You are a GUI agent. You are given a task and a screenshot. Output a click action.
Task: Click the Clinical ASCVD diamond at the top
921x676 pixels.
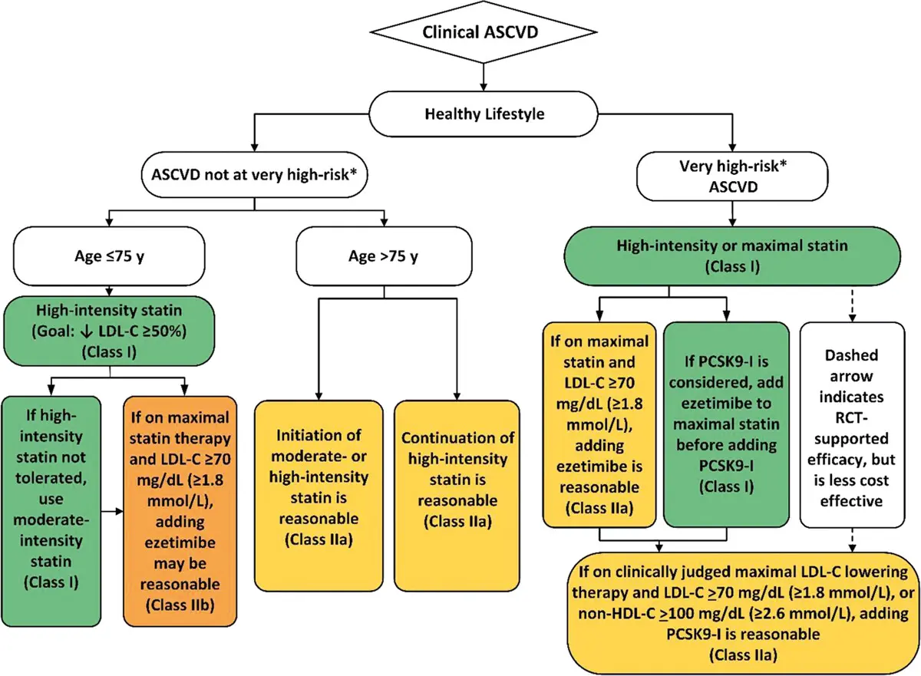(483, 33)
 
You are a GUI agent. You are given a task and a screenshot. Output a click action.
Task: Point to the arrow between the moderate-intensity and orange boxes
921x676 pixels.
(113, 509)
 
